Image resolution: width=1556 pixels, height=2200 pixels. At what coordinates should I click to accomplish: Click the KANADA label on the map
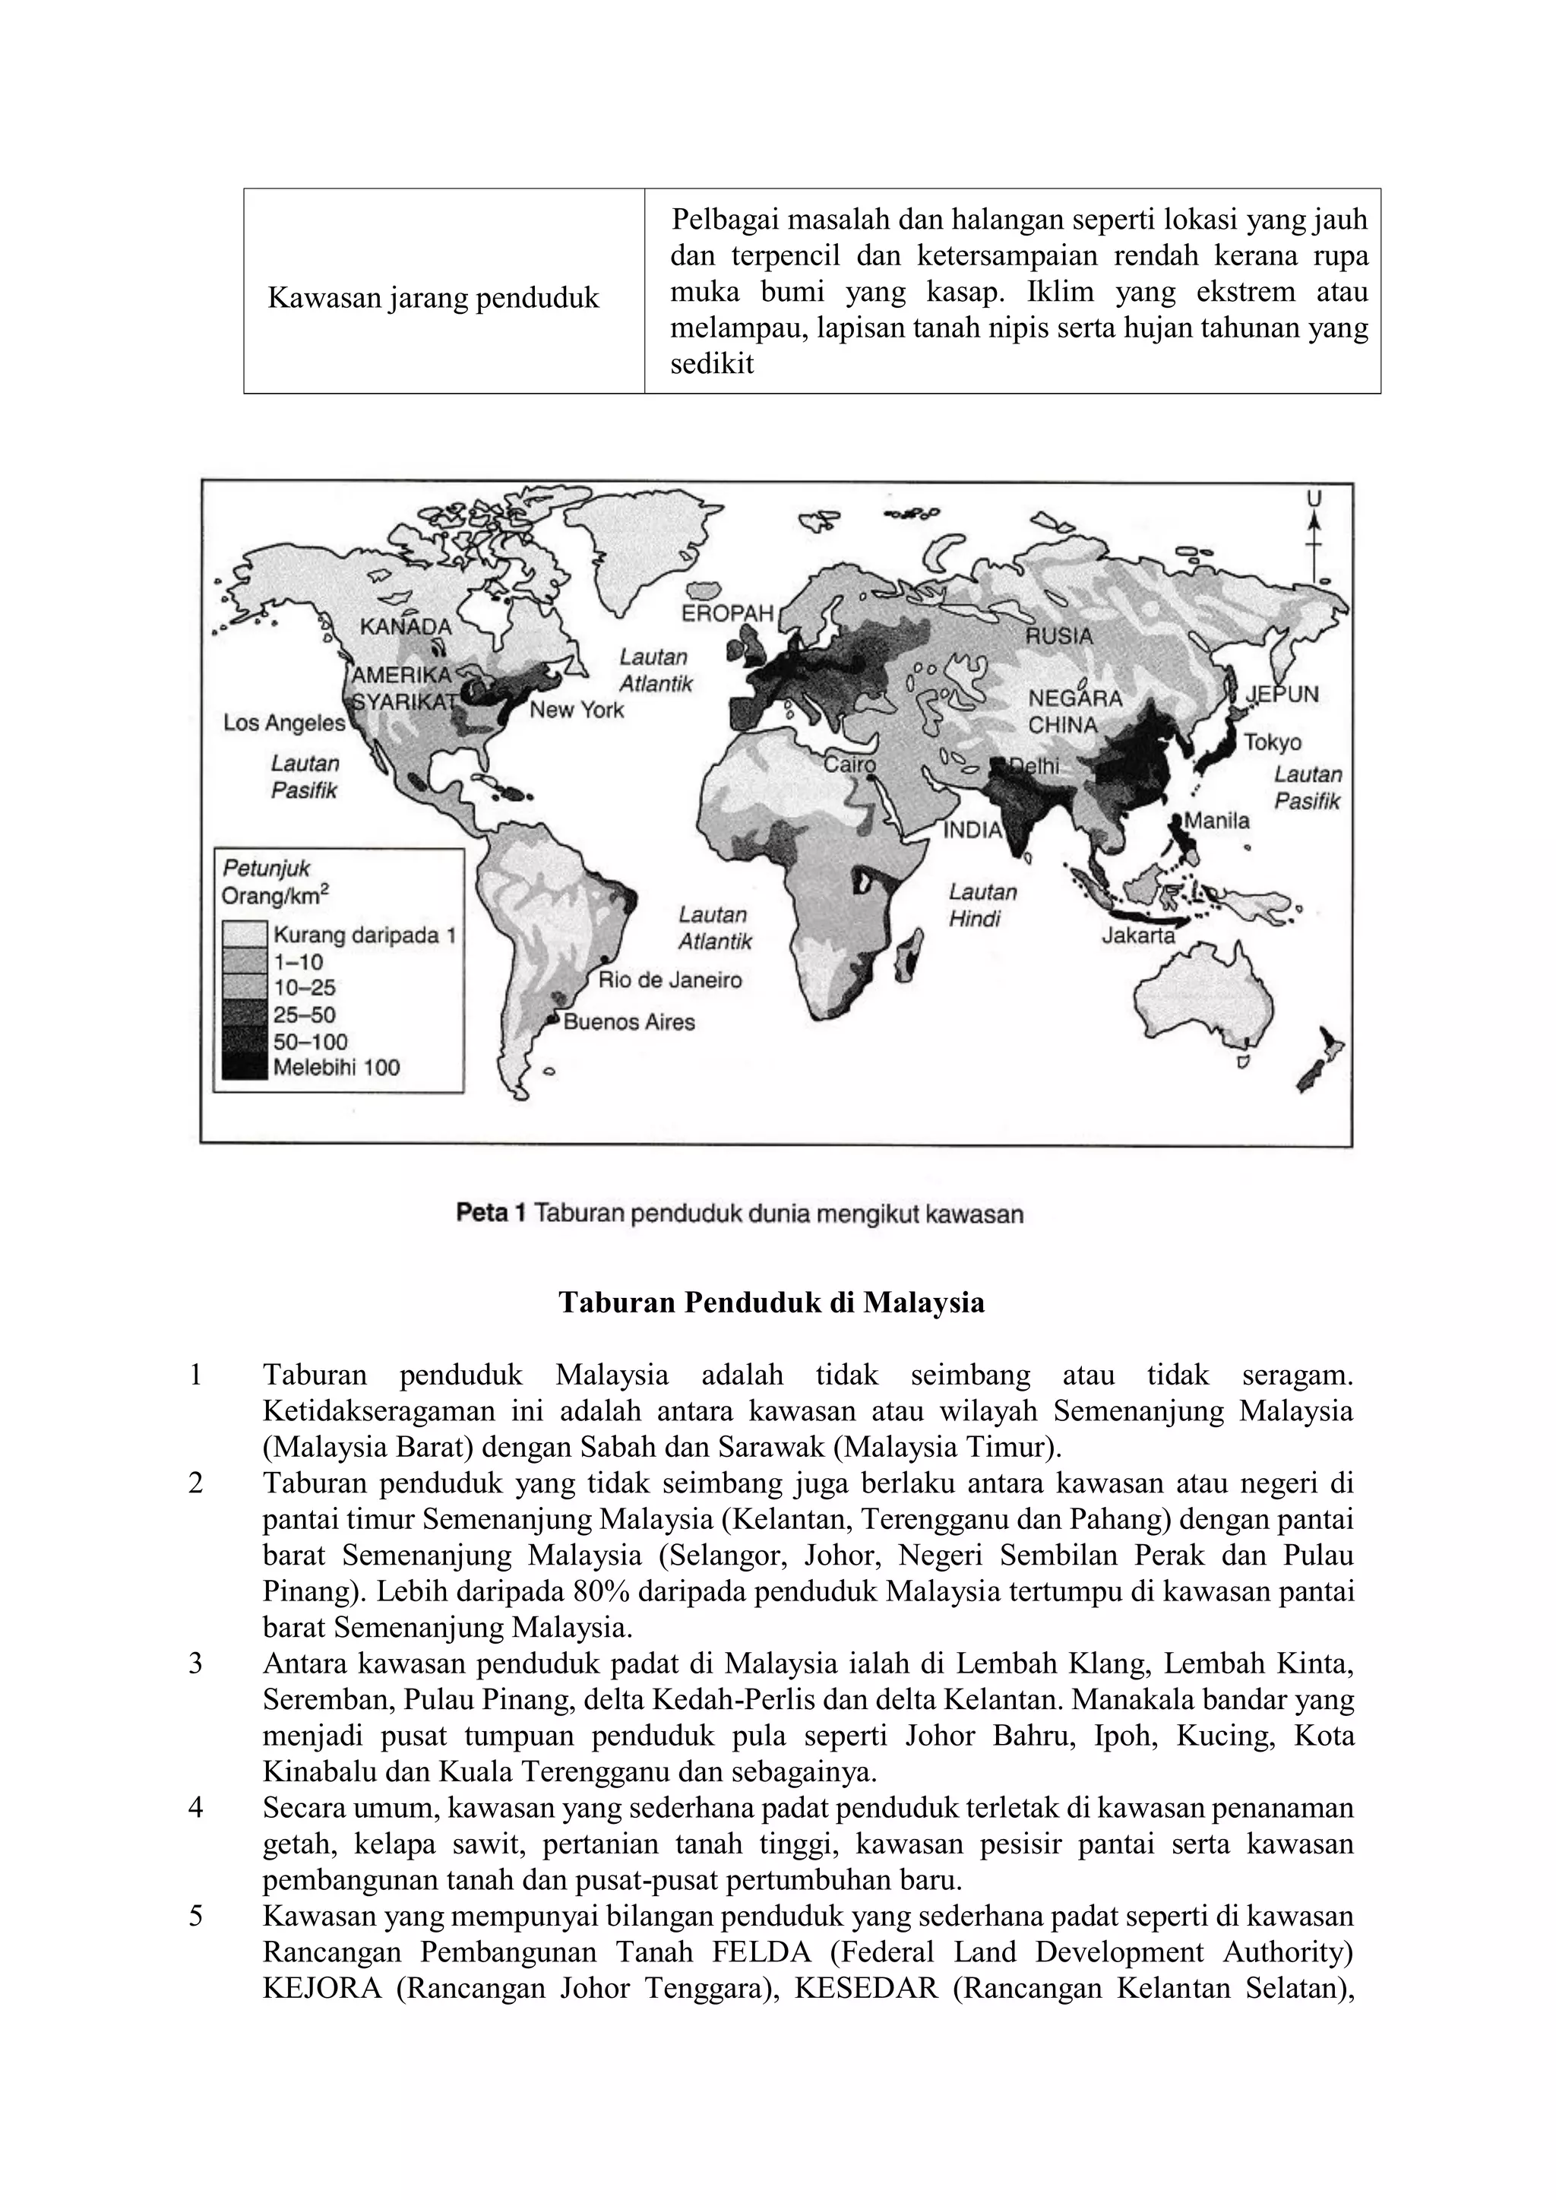[405, 627]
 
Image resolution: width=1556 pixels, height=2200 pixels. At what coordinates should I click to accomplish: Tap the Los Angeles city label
[283, 723]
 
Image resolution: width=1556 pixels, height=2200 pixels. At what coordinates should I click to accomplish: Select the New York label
[576, 710]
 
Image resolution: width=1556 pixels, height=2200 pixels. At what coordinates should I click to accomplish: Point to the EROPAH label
[727, 613]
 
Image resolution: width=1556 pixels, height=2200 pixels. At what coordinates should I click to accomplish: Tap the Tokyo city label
[1273, 742]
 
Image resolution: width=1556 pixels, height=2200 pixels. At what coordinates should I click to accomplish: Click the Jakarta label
[1138, 935]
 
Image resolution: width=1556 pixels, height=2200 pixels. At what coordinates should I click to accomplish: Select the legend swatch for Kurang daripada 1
[245, 934]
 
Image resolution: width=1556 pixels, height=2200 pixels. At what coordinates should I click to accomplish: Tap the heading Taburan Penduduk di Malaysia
[771, 1303]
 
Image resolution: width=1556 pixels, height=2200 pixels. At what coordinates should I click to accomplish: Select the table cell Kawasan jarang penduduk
[433, 298]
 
